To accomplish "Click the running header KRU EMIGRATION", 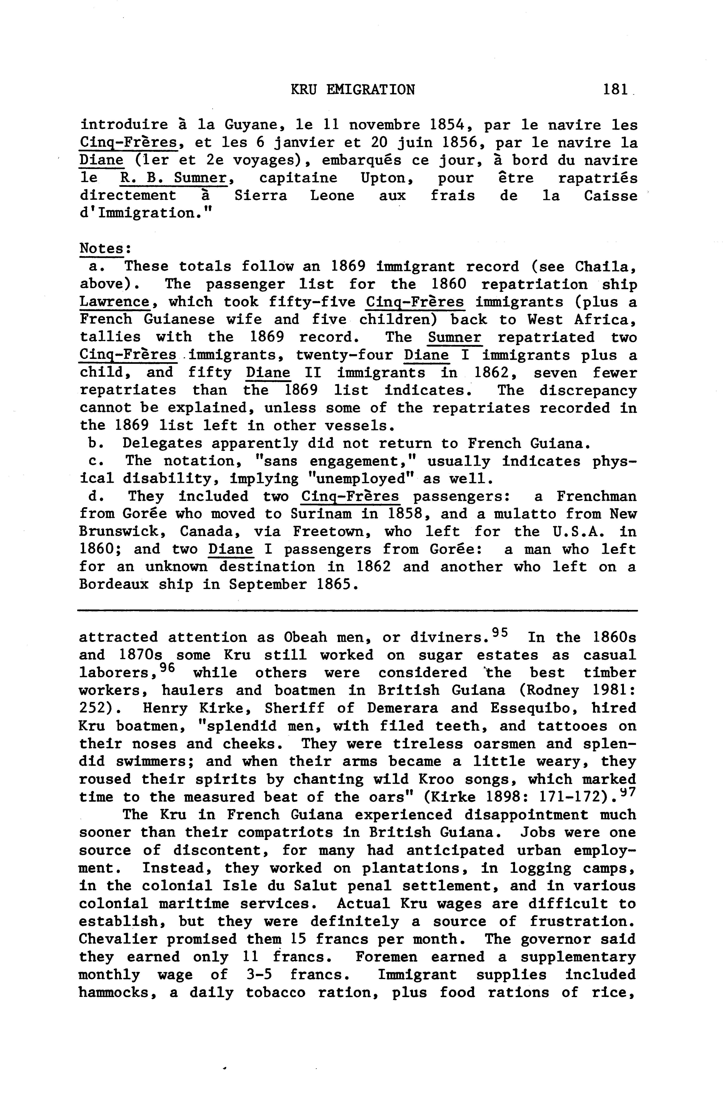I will [352, 89].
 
